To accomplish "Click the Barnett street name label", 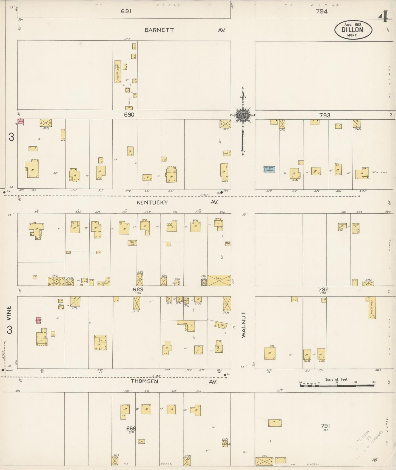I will [159, 30].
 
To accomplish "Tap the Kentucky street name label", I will [152, 202].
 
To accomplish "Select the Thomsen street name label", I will [144, 381].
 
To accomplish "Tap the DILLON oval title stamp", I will [353, 30].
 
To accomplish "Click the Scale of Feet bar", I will [337, 385].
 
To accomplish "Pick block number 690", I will [129, 115].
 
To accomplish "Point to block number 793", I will [324, 115].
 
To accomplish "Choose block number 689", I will [138, 289].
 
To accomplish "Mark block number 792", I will [323, 289].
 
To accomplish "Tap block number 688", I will [131, 428].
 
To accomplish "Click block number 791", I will [325, 426].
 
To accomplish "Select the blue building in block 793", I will [269, 169].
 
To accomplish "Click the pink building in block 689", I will [39, 320].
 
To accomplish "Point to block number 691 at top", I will [126, 11].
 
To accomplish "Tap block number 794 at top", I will [322, 11].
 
